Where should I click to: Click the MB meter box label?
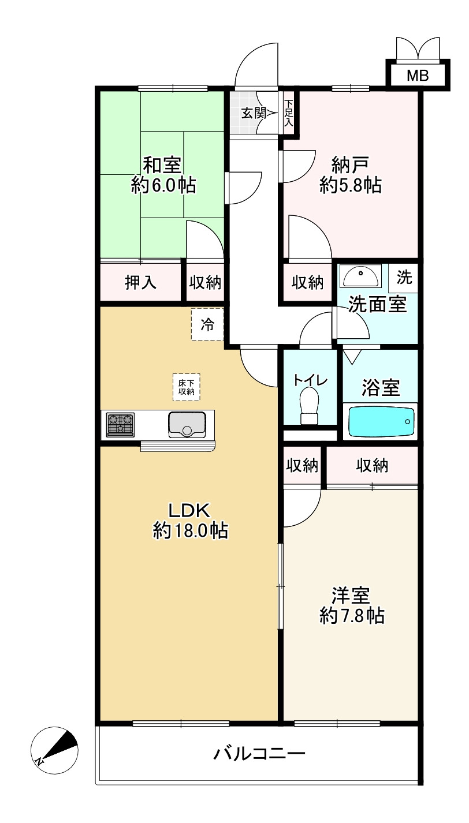click(x=418, y=76)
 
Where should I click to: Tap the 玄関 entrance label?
click(x=254, y=113)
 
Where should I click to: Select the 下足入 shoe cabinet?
click(x=289, y=113)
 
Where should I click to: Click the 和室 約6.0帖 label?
click(x=163, y=175)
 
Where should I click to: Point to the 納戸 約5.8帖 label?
click(x=350, y=175)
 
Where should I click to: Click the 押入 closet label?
click(x=141, y=282)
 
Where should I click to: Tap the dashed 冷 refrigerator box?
click(x=207, y=324)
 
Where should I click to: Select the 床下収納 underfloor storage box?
click(x=187, y=387)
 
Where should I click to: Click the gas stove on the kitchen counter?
click(x=120, y=425)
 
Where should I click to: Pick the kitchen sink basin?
click(x=187, y=425)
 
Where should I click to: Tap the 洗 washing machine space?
click(x=404, y=278)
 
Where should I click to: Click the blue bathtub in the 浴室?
click(x=381, y=421)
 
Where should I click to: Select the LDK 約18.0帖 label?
click(x=190, y=521)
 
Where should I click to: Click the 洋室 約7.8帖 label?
click(x=352, y=606)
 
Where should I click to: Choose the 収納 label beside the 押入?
click(x=206, y=282)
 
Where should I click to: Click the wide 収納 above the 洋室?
click(x=372, y=466)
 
